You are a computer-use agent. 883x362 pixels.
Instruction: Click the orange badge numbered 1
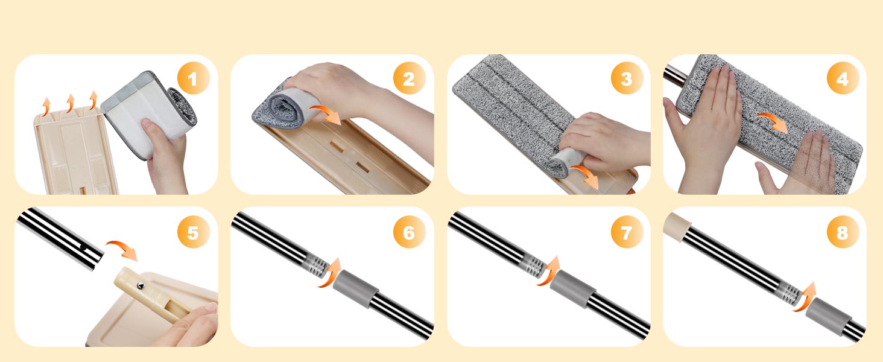click(x=193, y=78)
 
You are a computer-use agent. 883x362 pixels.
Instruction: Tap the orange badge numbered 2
click(x=409, y=78)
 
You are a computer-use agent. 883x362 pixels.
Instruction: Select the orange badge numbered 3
click(x=627, y=78)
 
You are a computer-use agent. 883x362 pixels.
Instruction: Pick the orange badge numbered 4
click(x=843, y=78)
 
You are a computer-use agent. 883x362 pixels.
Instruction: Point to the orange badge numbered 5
click(x=193, y=232)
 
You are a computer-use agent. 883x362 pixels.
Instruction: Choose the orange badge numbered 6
click(x=409, y=232)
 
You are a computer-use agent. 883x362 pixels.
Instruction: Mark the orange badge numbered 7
click(x=627, y=232)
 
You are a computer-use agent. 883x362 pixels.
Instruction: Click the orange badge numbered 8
click(x=843, y=232)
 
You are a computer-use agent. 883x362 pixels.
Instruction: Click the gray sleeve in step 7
click(x=572, y=288)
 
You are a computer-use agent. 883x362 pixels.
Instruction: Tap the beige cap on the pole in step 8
click(x=677, y=227)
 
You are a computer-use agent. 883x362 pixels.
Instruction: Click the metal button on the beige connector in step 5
click(x=141, y=285)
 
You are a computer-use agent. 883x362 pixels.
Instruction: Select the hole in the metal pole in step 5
click(x=84, y=247)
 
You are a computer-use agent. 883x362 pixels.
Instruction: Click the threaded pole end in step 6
click(x=317, y=264)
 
